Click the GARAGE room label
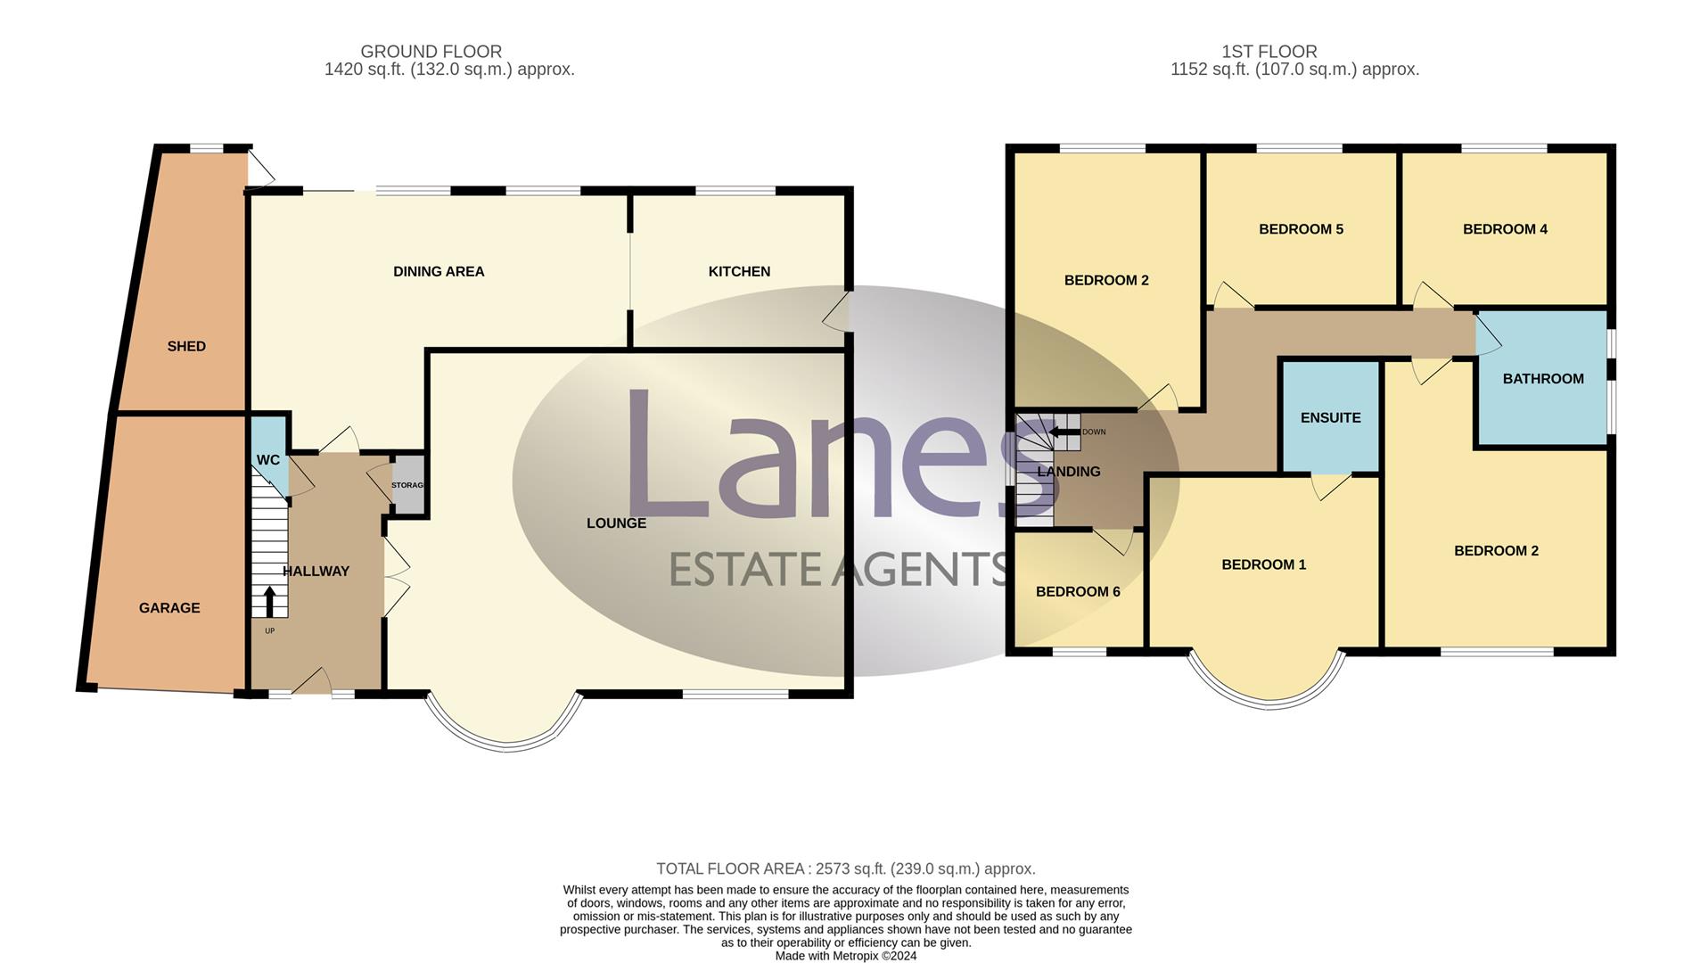(x=169, y=608)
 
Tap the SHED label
(x=186, y=346)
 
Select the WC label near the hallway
(x=267, y=460)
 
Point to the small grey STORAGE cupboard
(x=408, y=485)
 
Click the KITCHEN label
(x=739, y=271)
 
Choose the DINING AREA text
(x=439, y=271)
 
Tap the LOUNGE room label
(x=616, y=523)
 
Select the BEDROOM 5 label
(x=1301, y=229)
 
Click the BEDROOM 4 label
(x=1505, y=229)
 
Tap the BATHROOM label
(x=1543, y=378)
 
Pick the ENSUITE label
(x=1330, y=417)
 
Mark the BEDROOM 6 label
(x=1078, y=591)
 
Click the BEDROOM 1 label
(x=1263, y=564)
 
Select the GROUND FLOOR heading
(x=431, y=52)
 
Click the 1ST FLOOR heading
(x=1269, y=52)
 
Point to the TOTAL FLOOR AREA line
(x=845, y=868)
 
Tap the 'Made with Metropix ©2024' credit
(x=845, y=956)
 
